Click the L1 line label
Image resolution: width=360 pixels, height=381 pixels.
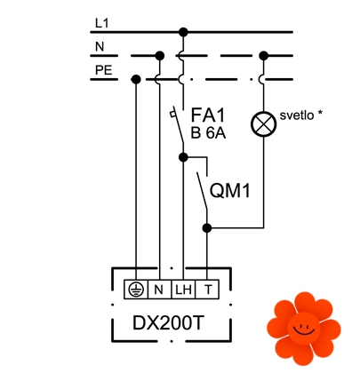click(101, 23)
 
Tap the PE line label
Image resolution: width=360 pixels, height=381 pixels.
click(104, 70)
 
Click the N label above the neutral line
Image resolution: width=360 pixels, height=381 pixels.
click(100, 47)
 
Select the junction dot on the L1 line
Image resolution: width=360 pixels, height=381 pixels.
click(183, 32)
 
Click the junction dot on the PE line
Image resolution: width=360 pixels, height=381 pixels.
click(136, 79)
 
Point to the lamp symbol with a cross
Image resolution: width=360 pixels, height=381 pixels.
click(263, 123)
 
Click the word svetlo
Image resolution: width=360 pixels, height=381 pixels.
click(297, 115)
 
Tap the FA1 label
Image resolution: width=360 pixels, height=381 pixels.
click(208, 115)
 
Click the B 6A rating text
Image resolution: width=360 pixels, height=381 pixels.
click(208, 133)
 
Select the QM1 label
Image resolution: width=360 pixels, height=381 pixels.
click(230, 190)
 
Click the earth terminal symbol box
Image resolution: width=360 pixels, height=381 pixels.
click(136, 290)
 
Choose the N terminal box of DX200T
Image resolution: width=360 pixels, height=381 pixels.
click(159, 290)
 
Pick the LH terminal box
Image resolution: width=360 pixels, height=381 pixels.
click(183, 290)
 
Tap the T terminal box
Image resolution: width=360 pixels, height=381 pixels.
click(207, 290)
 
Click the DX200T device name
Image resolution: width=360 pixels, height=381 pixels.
click(168, 323)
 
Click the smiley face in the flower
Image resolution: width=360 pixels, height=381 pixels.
click(304, 328)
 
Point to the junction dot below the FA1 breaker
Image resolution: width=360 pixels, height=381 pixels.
click(183, 157)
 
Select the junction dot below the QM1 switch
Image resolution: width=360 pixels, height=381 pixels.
click(207, 228)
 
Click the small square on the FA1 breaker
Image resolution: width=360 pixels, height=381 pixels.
click(172, 114)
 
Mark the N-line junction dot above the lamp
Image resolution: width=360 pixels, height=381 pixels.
click(263, 55)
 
